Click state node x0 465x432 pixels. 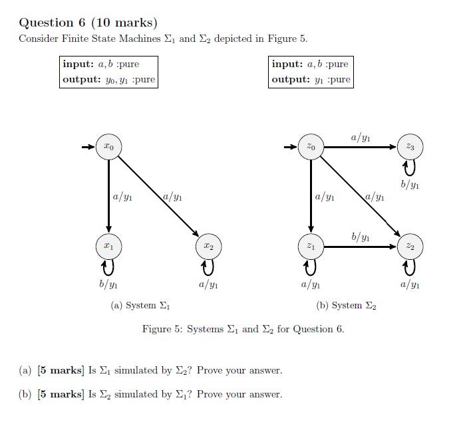[x=108, y=146]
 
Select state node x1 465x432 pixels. [x=108, y=246]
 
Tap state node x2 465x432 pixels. [x=208, y=246]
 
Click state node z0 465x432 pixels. [x=311, y=146]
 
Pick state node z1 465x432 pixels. [x=311, y=246]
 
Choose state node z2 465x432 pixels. [x=410, y=246]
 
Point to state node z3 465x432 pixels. [x=410, y=146]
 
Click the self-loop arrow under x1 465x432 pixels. [x=108, y=267]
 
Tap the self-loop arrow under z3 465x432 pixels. [x=410, y=167]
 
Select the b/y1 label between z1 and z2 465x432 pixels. [x=361, y=237]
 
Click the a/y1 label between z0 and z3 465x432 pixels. [x=361, y=138]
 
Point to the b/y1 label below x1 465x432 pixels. [x=108, y=285]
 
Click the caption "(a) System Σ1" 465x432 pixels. [x=140, y=306]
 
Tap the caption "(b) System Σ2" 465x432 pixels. [x=346, y=306]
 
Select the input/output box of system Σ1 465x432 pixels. [x=109, y=72]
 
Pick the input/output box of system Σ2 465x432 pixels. [x=311, y=72]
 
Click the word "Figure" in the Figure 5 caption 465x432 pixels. [x=156, y=329]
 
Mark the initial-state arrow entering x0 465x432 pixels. [x=88, y=146]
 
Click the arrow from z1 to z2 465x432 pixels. [x=359, y=247]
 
